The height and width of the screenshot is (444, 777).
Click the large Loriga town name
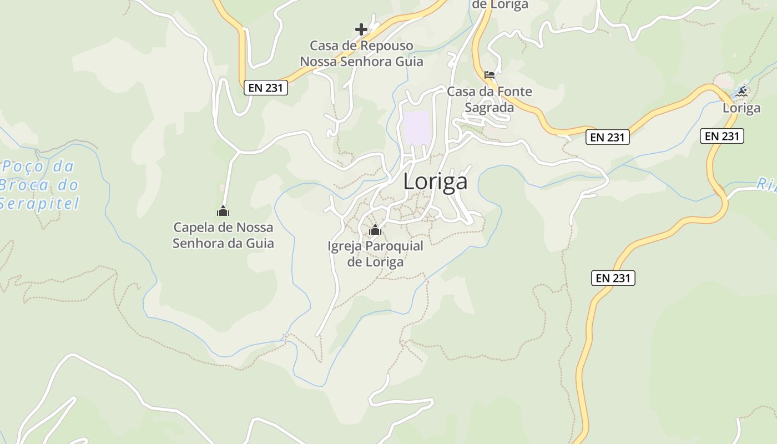(x=435, y=181)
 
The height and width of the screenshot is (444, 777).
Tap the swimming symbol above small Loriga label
(x=741, y=92)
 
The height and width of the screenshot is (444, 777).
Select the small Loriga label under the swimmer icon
(x=741, y=108)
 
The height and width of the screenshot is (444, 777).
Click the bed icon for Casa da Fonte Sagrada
(x=489, y=75)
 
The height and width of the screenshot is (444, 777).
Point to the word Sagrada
(x=489, y=107)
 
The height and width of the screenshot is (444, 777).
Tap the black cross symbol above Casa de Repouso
(x=361, y=29)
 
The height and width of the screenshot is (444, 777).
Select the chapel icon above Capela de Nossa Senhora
(x=223, y=211)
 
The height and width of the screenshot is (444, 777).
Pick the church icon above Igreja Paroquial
(x=375, y=229)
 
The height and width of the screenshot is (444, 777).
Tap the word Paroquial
(x=394, y=246)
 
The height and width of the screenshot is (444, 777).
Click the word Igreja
(x=344, y=246)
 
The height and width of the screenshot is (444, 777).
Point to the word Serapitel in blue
(x=39, y=204)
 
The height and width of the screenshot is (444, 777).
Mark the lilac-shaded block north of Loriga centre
(x=416, y=128)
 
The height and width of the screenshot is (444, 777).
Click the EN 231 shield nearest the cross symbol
(x=266, y=87)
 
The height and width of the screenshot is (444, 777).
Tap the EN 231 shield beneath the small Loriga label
(x=722, y=135)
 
